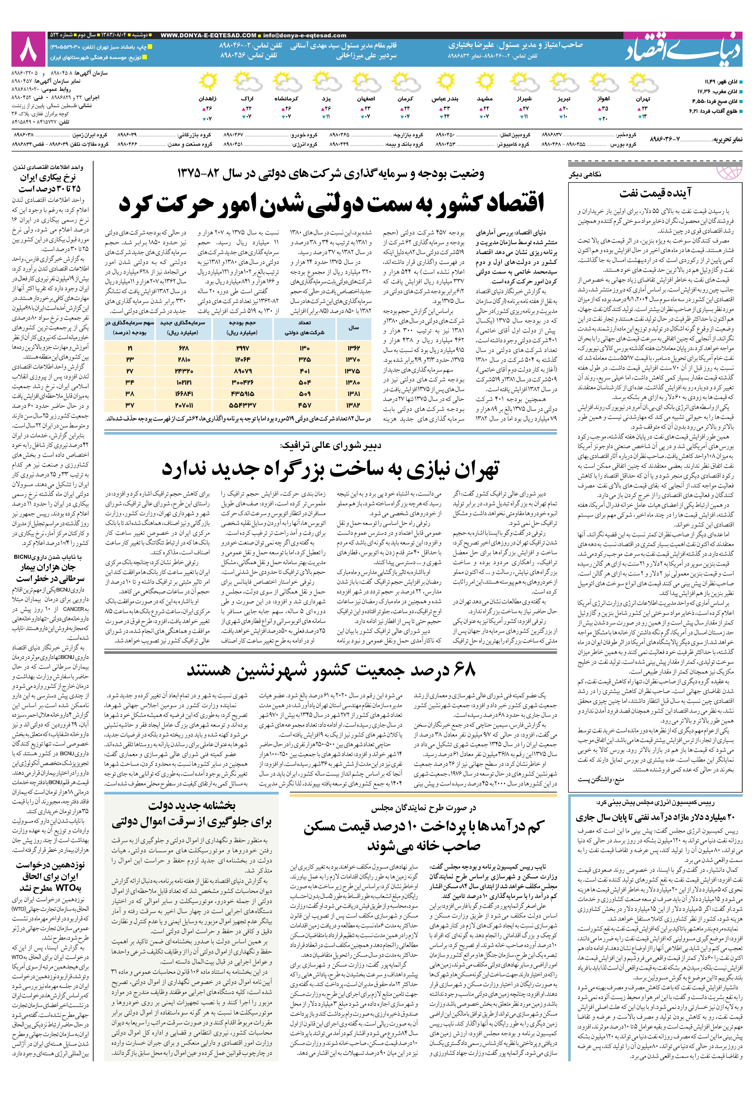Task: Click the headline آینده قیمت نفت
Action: pos(655,193)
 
